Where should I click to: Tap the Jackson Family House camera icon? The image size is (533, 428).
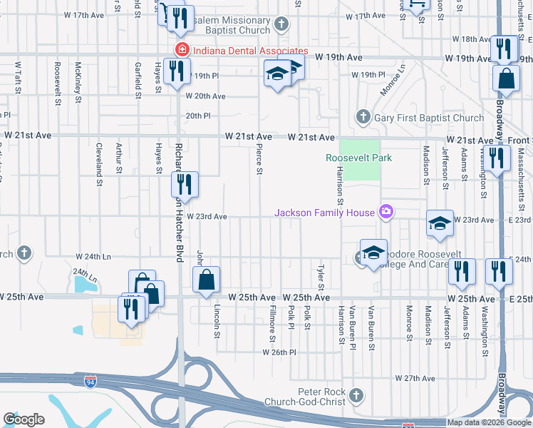pos(386,211)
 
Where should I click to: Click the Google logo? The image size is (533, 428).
pos(24,419)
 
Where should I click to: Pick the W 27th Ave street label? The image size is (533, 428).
pos(415,377)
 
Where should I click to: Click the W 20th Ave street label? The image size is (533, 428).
pos(205,96)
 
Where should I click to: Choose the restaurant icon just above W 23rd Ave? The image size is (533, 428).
pos(185,185)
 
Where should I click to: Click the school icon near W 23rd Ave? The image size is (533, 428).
pos(440,223)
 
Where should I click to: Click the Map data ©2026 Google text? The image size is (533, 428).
pos(490,422)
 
